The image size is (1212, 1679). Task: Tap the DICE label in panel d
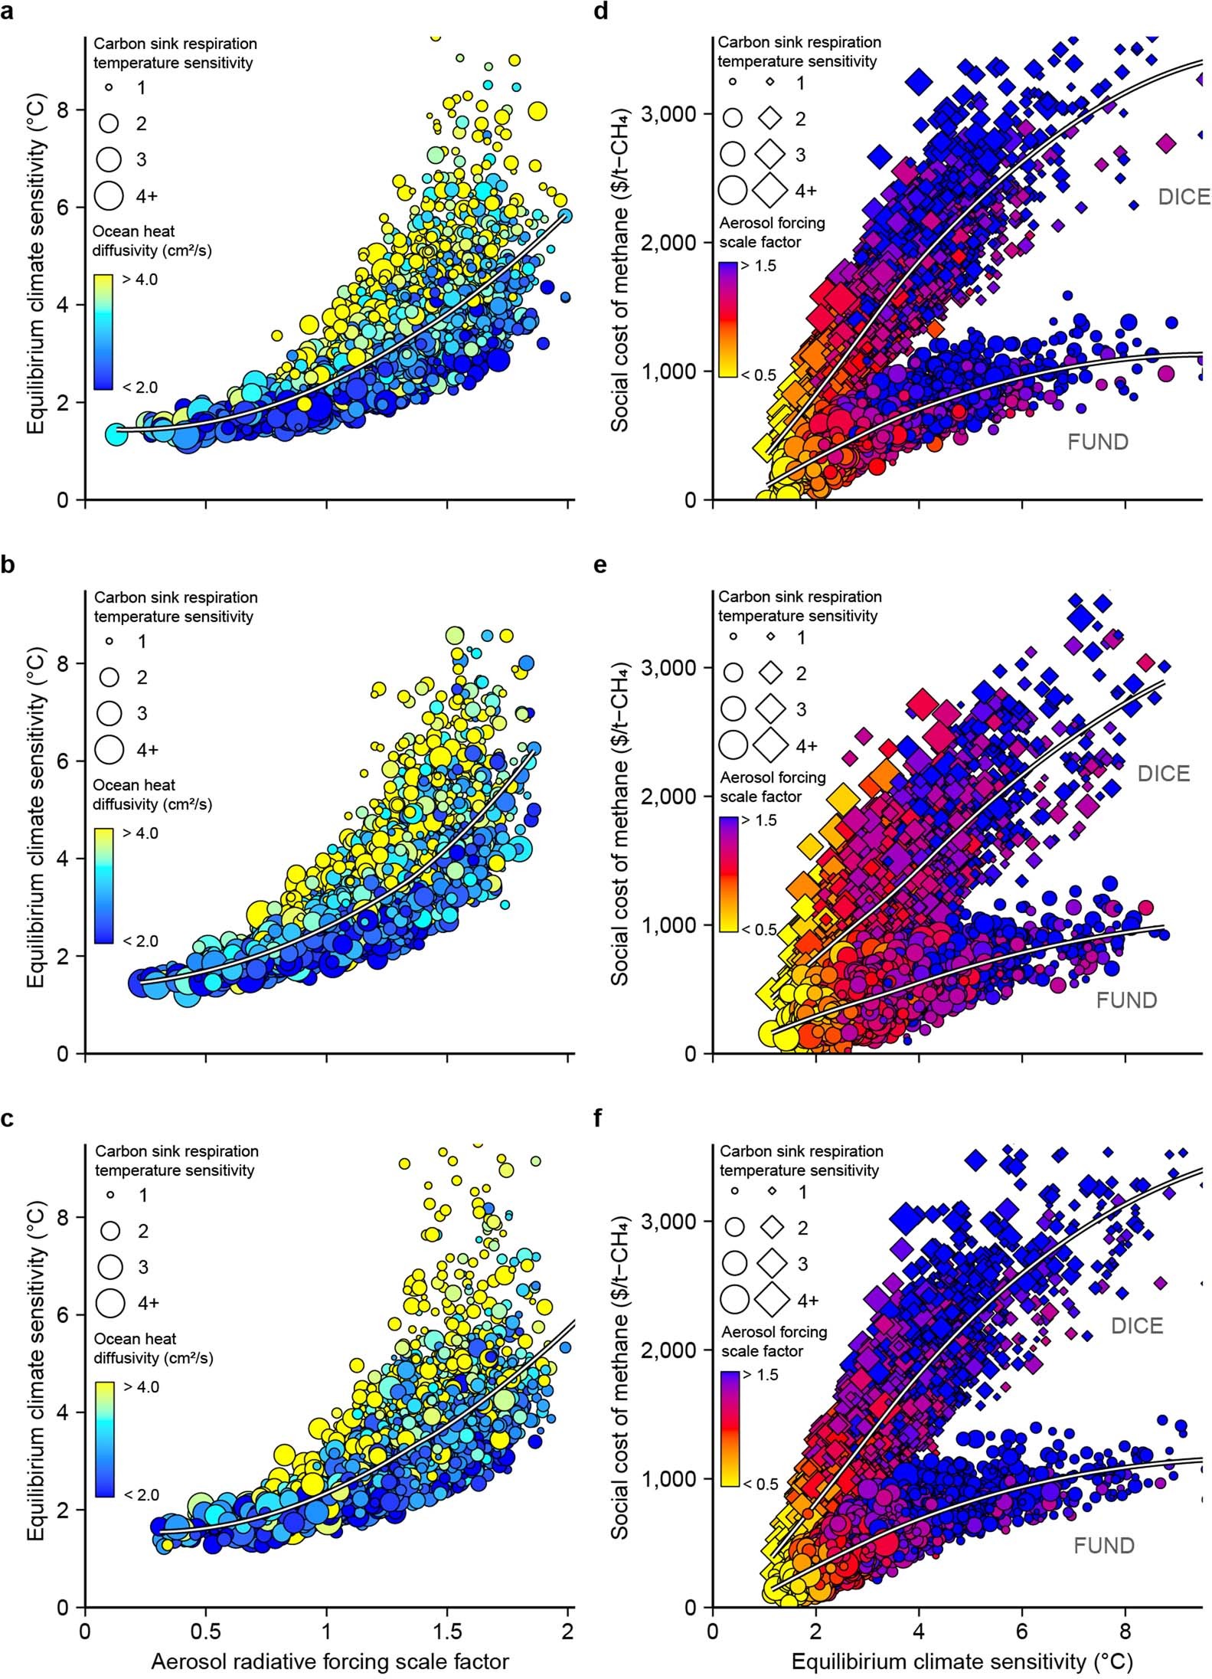[x=1184, y=198]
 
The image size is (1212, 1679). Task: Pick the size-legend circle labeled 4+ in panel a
[x=109, y=195]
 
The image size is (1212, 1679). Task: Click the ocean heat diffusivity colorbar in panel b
[x=104, y=885]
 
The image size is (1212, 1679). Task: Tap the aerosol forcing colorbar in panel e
[x=729, y=874]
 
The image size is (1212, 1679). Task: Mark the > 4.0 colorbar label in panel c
[x=140, y=1386]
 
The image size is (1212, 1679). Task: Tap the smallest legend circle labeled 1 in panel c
[x=110, y=1194]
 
